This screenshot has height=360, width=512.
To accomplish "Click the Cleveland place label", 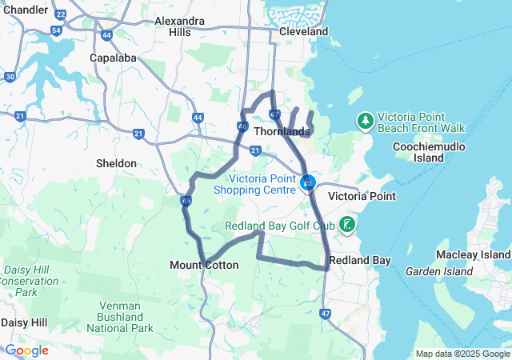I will pos(303,31).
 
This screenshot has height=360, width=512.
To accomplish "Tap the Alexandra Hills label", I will pos(180,26).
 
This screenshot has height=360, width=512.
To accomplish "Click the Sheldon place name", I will pos(116,163).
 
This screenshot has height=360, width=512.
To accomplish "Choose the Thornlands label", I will pos(282,131).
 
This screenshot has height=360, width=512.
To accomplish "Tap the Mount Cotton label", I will pos(204,265).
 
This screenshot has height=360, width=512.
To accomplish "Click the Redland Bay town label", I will pos(359,261).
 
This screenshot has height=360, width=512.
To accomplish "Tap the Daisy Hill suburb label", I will pos(23,322).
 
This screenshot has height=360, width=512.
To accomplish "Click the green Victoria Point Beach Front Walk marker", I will pos(365,121).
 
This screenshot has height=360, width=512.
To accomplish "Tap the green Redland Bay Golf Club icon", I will pos(347,223).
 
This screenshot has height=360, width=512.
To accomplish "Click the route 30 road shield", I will pos(10,77).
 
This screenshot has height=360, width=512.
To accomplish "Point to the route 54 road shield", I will pos(56,30).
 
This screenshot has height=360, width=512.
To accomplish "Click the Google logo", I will pos(26,350).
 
